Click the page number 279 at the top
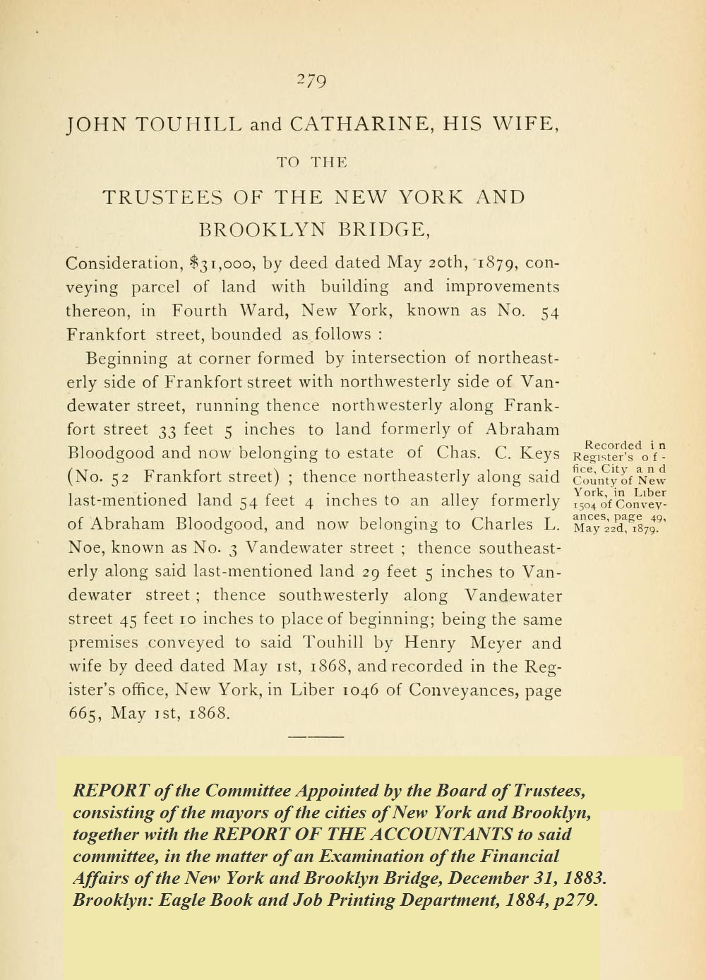[311, 81]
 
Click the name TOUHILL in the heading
[188, 125]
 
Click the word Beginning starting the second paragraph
[126, 359]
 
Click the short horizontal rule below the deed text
[316, 736]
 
